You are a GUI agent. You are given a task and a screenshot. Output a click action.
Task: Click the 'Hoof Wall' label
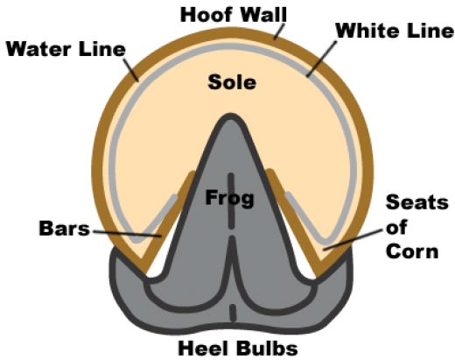coord(234,15)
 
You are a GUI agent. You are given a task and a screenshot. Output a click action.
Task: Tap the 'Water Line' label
coord(66,49)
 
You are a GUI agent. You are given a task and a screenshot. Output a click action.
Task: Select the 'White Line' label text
coord(395,31)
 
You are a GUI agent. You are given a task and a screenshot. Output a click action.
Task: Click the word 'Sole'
coord(232,82)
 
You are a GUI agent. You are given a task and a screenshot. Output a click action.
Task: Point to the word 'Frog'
coord(229,198)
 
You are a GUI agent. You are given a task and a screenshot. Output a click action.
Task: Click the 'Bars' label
coord(65,229)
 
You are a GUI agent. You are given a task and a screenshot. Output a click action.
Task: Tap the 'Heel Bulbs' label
coord(238,349)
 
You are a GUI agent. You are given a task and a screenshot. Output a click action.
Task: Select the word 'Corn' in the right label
coord(412,251)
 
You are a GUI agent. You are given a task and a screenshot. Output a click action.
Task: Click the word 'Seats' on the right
coord(417,202)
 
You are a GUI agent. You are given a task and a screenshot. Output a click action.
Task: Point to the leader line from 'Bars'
coord(127,234)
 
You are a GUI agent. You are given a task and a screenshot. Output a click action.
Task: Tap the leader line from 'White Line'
coord(322,59)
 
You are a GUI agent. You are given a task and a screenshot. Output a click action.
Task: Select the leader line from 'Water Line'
coord(130,69)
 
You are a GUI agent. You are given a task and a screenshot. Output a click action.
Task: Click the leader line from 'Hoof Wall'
coord(279,31)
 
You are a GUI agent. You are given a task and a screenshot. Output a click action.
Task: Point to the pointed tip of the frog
coord(231,115)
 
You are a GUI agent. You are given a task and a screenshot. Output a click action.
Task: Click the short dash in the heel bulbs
coord(233,314)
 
